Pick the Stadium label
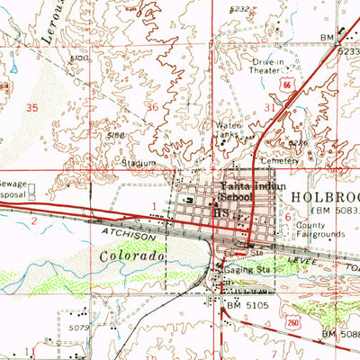coord(139,163)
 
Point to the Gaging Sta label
coord(252,268)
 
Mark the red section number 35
coord(33,106)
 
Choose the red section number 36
coord(151,107)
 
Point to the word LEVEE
coord(317,257)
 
